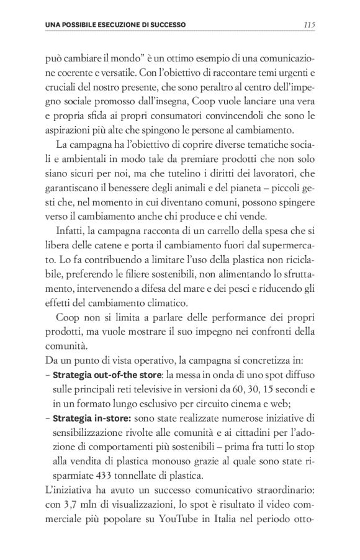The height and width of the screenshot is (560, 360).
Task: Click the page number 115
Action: click(310, 25)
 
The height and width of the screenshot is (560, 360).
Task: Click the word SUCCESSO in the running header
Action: click(166, 25)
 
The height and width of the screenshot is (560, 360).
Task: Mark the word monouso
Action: click(160, 462)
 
